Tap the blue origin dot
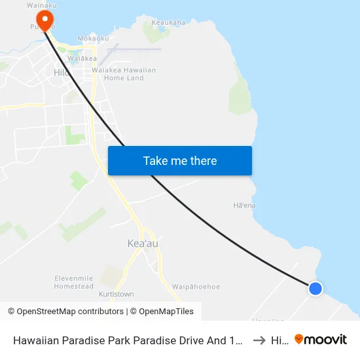315,288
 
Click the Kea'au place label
142,243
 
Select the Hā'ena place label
244,206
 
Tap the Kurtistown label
116,295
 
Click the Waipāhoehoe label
196,287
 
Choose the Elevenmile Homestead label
74,282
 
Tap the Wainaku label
41,5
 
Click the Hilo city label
62,73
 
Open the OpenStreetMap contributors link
65,312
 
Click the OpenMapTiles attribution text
164,312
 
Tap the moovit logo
321,340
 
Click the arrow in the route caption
259,340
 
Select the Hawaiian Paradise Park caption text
128,340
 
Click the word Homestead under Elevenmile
74,286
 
